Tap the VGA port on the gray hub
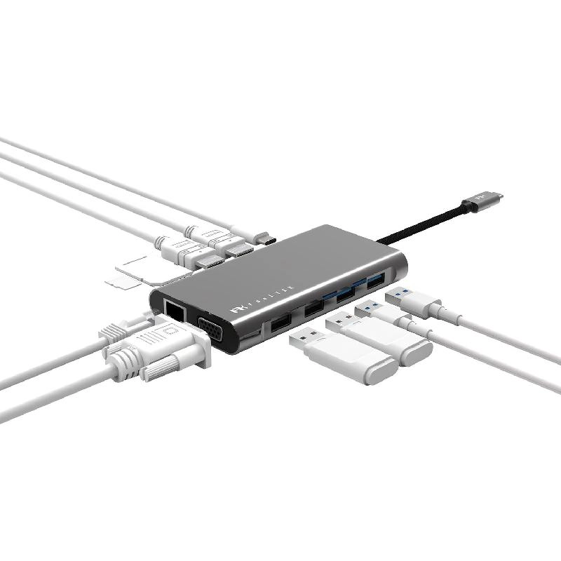pos(210,327)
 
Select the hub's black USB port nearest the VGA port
pos(280,322)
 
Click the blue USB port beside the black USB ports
pos(345,295)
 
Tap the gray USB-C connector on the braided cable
pos(482,201)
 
